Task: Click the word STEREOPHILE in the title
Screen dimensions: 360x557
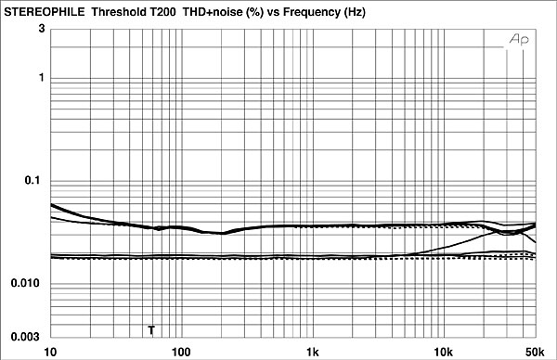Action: click(x=43, y=7)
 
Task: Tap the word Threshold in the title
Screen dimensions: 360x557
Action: click(x=118, y=7)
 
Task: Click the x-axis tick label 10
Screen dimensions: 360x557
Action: click(x=50, y=352)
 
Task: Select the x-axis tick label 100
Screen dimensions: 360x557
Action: click(x=181, y=352)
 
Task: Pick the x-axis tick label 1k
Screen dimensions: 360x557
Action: click(x=313, y=352)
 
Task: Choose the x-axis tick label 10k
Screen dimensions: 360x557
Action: click(x=444, y=352)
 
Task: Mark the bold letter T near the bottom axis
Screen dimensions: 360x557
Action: click(x=151, y=330)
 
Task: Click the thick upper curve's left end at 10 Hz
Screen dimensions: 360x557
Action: click(x=52, y=204)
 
